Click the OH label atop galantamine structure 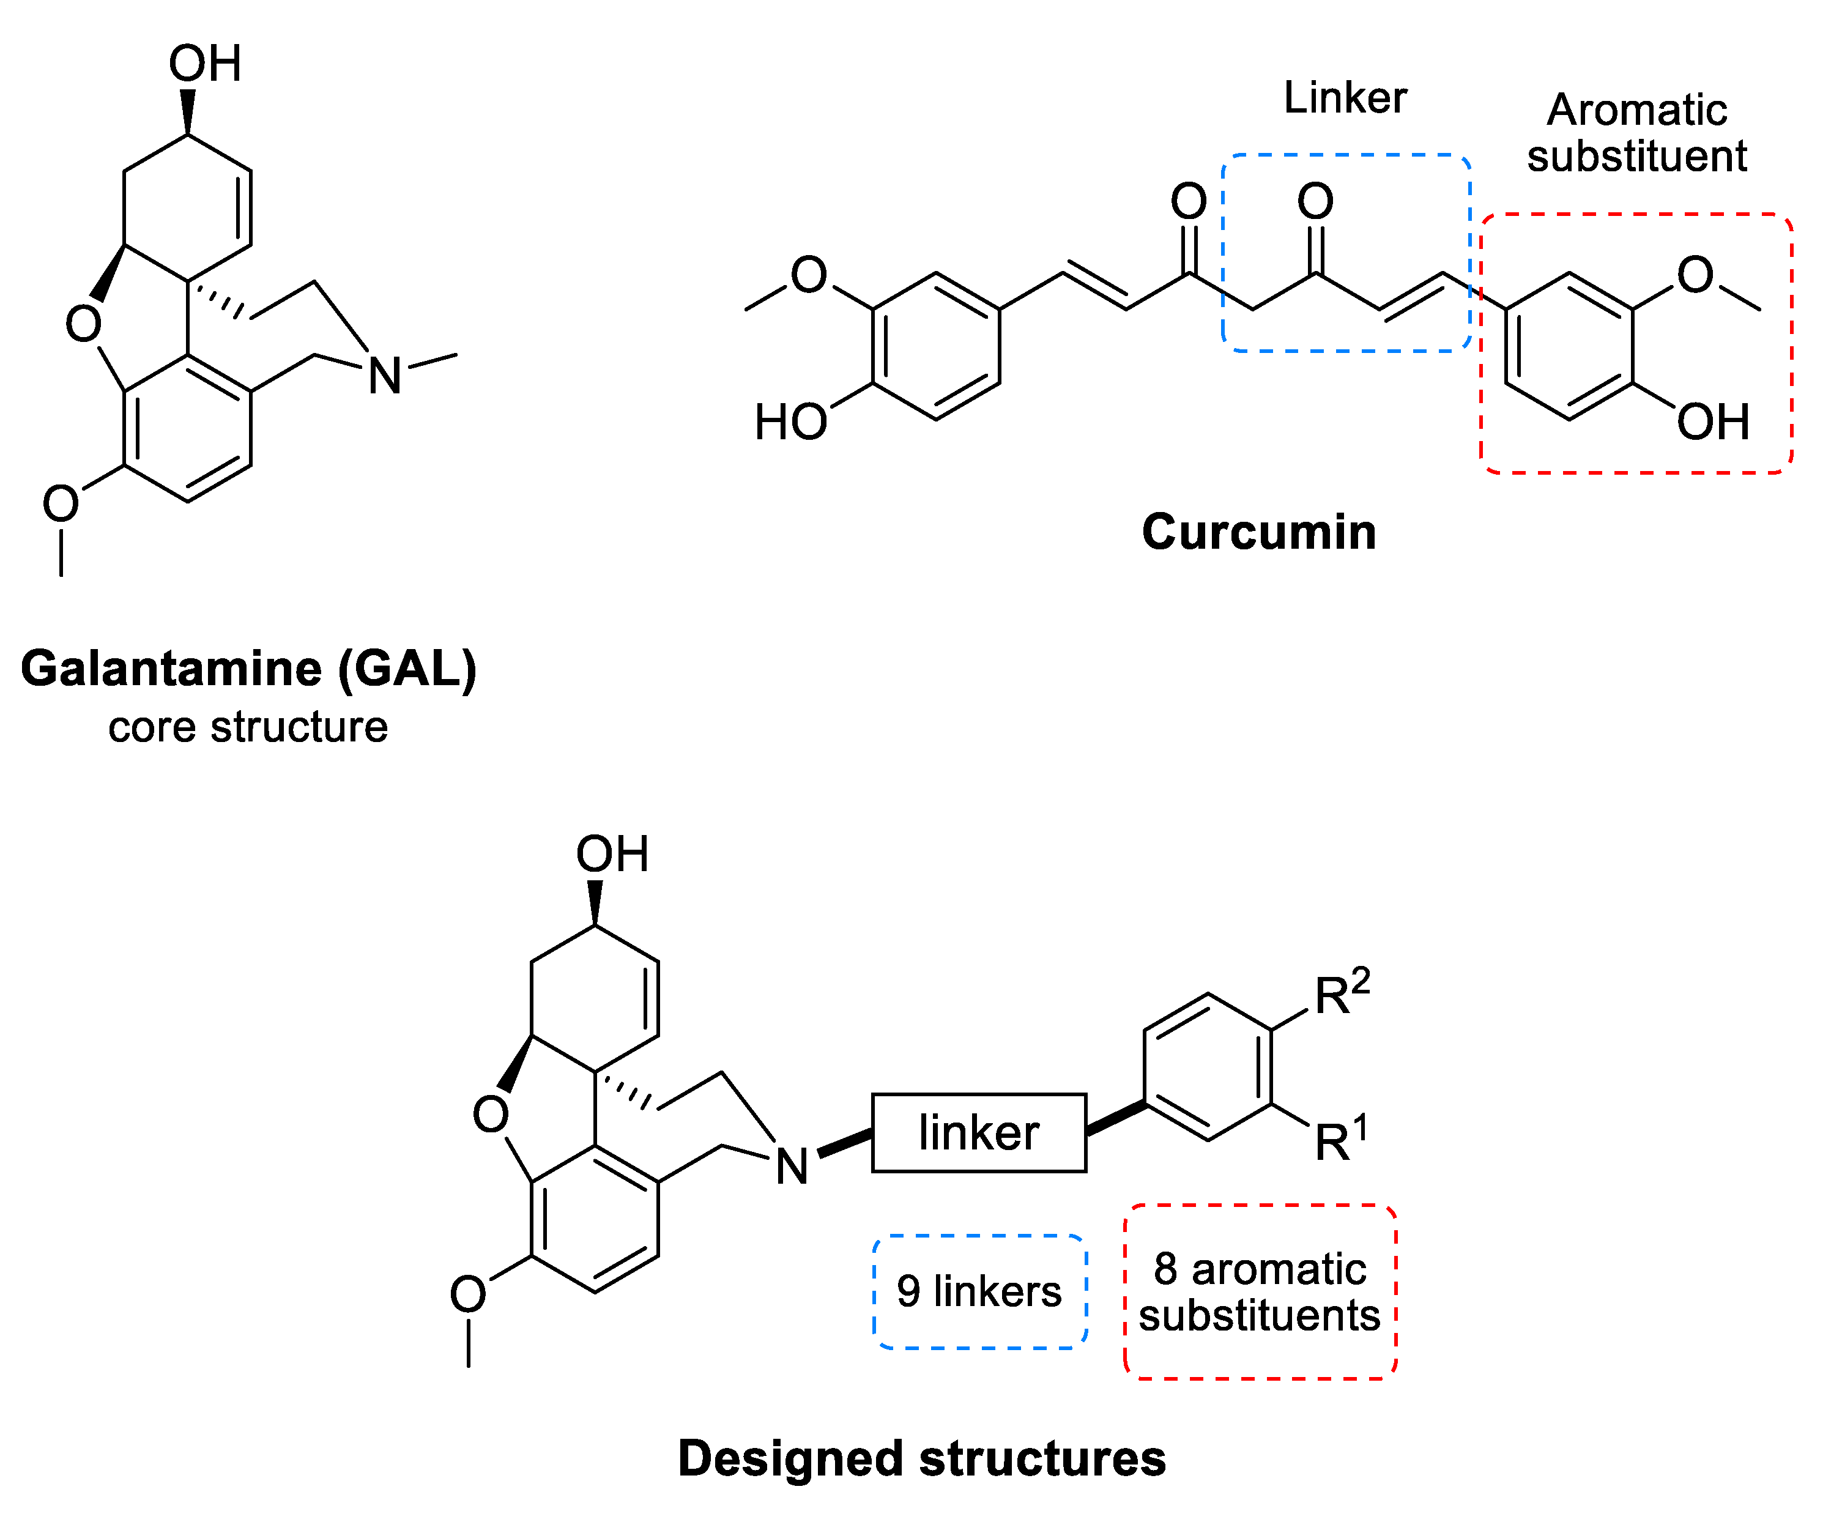[204, 64]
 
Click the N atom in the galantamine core [384, 376]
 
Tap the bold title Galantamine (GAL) [248, 669]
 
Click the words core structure [248, 727]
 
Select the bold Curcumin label [1258, 532]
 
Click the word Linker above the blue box [1344, 97]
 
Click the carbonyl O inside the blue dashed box [1315, 202]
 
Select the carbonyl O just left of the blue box [1188, 202]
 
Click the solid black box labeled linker [978, 1133]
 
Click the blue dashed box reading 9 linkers [979, 1291]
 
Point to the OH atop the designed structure [612, 854]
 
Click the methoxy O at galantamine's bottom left [61, 504]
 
